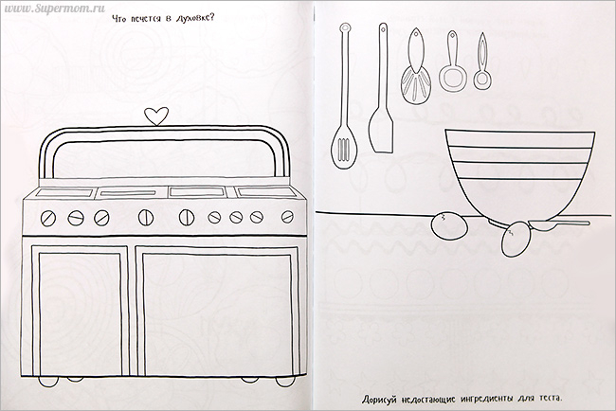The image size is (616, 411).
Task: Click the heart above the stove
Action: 156,116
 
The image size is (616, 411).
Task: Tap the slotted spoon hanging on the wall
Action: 345,97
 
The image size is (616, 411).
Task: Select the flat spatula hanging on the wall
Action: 381,88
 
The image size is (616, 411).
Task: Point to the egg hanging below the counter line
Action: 515,239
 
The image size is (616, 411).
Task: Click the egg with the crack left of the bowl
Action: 449,225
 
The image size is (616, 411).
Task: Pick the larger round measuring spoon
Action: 453,62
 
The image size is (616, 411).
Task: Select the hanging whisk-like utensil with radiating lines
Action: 416,66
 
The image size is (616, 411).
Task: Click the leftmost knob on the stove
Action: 48,218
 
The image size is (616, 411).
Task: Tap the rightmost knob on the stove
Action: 287,217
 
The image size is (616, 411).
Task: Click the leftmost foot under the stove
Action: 48,382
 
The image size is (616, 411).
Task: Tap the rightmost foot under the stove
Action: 285,382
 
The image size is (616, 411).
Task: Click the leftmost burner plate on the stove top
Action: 63,193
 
